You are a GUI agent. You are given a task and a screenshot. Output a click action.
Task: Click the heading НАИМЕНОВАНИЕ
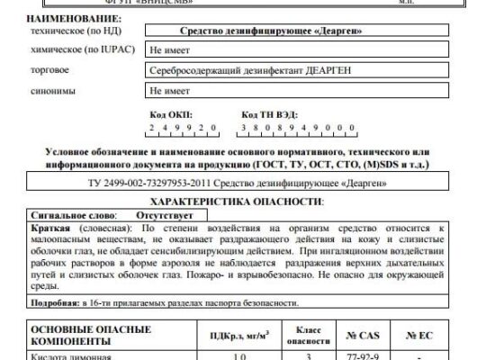(x=66, y=19)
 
